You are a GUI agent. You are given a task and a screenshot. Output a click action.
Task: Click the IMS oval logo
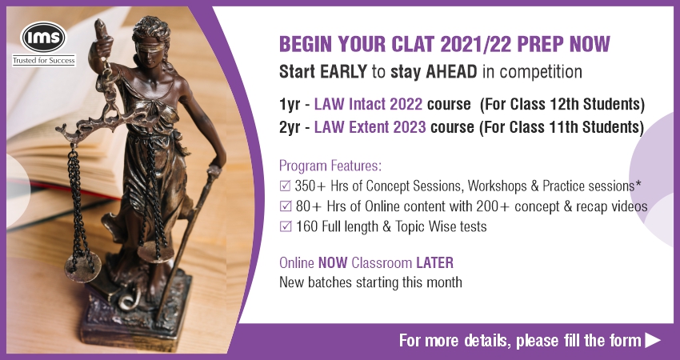tap(43, 38)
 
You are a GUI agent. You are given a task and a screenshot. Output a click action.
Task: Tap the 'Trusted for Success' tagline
tap(44, 60)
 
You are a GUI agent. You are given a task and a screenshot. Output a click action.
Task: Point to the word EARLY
tap(343, 71)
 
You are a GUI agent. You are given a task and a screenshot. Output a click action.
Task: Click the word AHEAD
tap(451, 71)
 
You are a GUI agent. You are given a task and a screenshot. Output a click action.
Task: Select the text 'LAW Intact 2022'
tap(368, 104)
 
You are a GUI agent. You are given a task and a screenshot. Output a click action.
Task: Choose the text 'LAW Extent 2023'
tap(370, 126)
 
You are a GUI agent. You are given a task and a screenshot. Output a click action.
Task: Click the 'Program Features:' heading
tap(330, 166)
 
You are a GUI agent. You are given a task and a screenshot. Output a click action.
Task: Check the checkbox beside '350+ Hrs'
tap(286, 186)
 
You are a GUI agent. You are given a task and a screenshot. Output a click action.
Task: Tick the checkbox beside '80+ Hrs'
tap(286, 206)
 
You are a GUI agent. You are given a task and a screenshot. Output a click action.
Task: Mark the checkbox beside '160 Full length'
tap(286, 226)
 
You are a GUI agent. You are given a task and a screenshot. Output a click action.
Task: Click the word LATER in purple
tap(435, 263)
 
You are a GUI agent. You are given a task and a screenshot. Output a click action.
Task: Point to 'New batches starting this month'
tap(370, 282)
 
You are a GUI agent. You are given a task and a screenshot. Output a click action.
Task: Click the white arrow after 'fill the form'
tap(653, 340)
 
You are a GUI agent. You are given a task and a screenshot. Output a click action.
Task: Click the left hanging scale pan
tap(83, 267)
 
